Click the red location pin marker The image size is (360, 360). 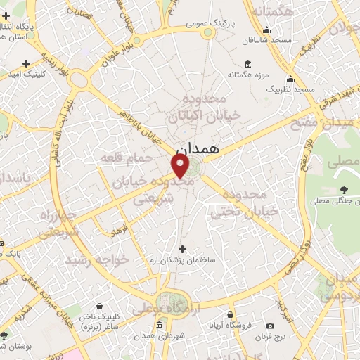tap(181, 165)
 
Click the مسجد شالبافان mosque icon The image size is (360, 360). tap(266, 30)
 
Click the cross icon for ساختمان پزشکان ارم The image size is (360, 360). tap(183, 249)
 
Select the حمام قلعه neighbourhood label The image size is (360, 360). tap(127, 156)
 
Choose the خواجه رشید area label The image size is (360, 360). tap(98, 259)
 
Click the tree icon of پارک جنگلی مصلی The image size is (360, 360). tap(344, 190)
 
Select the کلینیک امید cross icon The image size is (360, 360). tap(26, 63)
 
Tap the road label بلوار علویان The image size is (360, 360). tap(117, 51)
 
